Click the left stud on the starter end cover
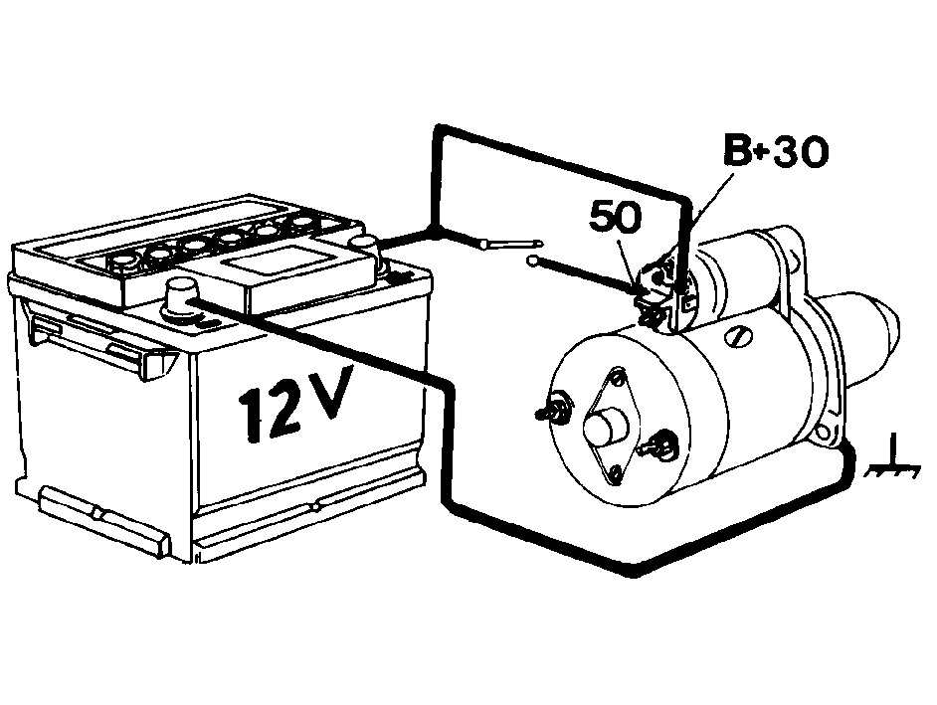(555, 410)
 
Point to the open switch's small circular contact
(532, 261)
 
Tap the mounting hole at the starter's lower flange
(826, 432)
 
